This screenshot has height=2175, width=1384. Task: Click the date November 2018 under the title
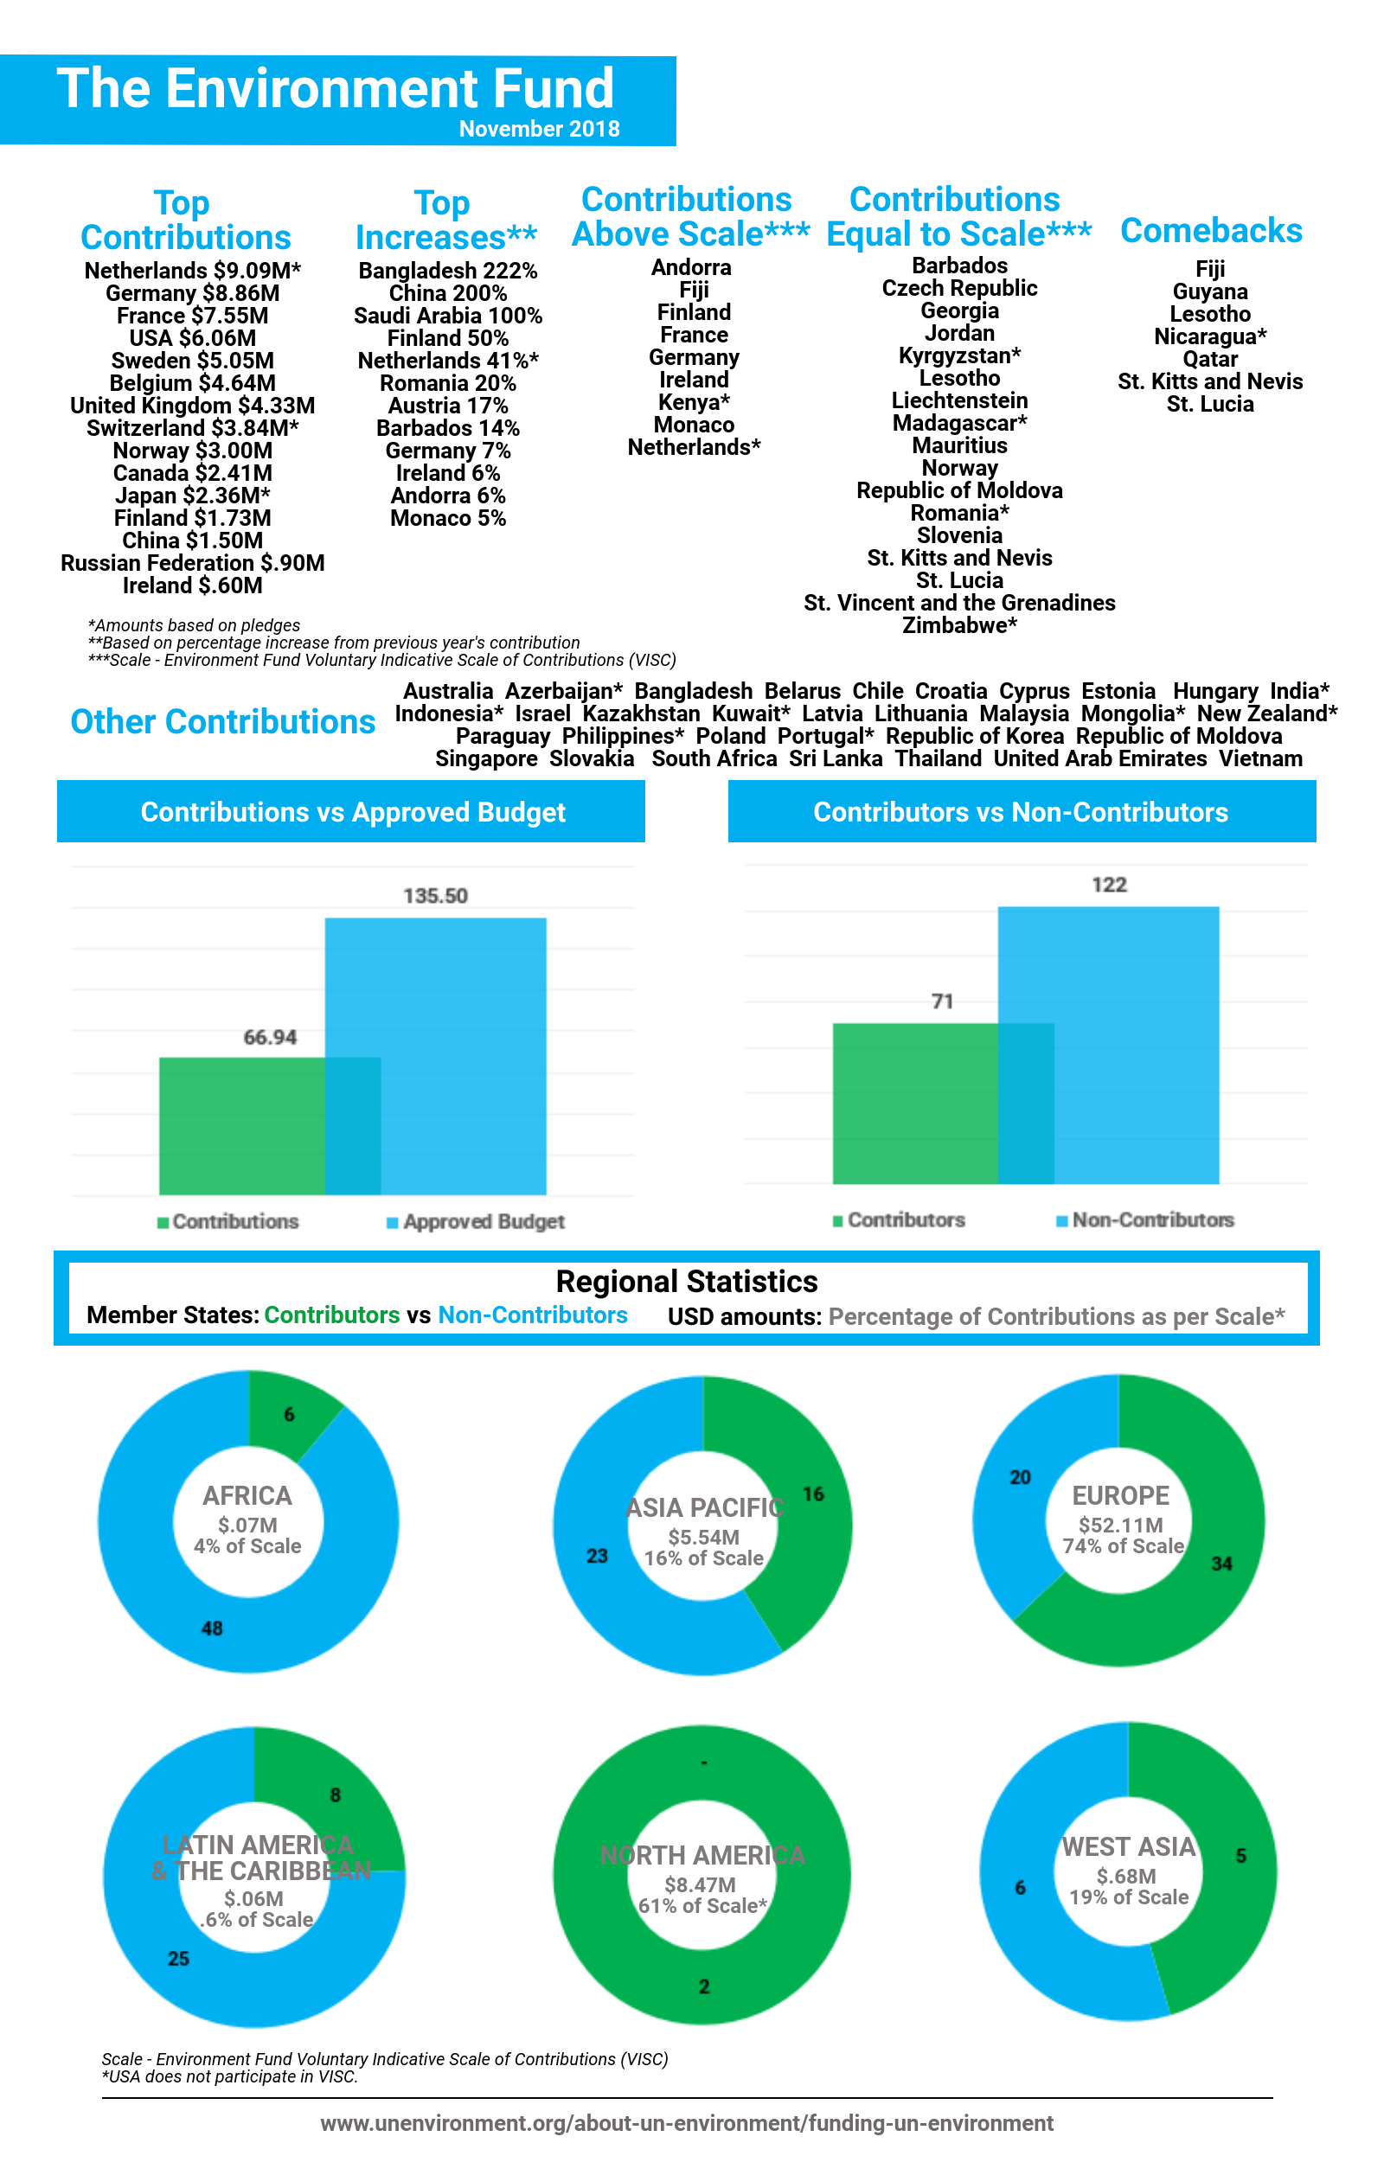[539, 129]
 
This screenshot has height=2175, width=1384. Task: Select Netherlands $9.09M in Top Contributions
[192, 271]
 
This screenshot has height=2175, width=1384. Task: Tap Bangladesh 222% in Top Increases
[448, 271]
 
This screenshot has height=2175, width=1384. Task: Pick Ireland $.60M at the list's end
[192, 585]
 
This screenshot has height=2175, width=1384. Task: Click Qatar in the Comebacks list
[1210, 360]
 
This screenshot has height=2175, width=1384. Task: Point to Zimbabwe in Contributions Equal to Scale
[959, 625]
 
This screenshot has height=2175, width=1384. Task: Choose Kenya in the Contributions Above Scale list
[694, 402]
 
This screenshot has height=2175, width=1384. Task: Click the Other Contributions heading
[223, 722]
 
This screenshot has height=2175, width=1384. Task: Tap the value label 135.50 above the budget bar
[435, 896]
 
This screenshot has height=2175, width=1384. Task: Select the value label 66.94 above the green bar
[270, 1037]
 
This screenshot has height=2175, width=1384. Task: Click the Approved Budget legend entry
[476, 1222]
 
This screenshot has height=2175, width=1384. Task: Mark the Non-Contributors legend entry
[1145, 1220]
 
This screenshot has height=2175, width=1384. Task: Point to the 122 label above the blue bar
[1110, 886]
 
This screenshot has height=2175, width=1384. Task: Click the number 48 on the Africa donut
[212, 1628]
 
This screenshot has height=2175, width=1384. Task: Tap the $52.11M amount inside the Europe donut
[1121, 1526]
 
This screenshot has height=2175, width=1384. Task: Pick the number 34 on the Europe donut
[1221, 1564]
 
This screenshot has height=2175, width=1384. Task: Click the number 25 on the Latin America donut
[179, 1958]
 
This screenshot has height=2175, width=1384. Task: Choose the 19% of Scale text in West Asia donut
[1129, 1897]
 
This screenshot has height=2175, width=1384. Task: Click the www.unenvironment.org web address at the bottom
[687, 2122]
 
